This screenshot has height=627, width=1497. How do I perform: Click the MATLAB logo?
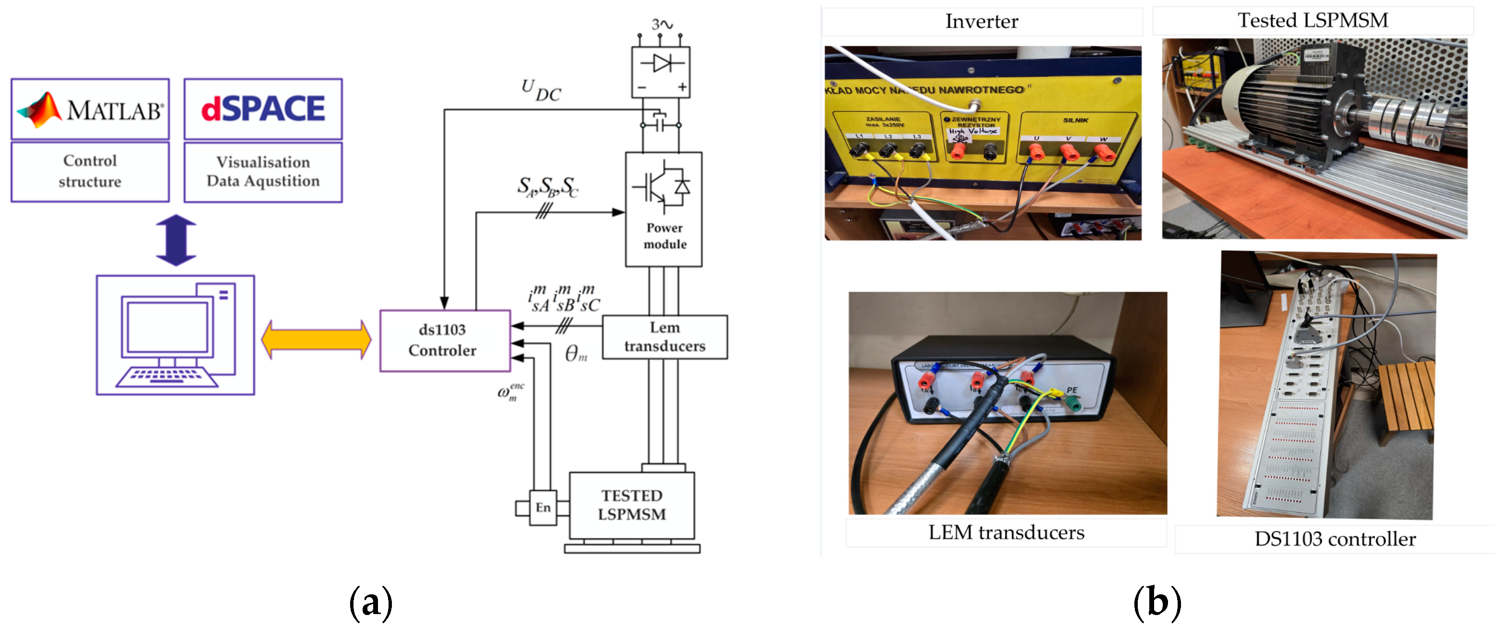pos(90,109)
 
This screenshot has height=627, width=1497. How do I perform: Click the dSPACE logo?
pos(263,109)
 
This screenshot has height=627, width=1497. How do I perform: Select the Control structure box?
pos(90,171)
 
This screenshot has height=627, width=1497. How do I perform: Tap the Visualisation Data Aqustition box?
pos(263,171)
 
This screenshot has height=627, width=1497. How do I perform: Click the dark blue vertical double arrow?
pos(176,240)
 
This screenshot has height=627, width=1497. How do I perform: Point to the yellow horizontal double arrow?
pos(316,339)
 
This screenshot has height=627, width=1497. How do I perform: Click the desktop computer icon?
pos(175,335)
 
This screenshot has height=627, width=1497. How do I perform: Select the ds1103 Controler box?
pos(445,340)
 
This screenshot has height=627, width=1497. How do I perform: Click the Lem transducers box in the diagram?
pos(664,337)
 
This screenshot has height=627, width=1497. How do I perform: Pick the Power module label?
pos(664,236)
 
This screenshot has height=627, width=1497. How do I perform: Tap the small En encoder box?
pos(543,508)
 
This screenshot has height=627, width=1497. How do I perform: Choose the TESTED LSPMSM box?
pos(632,505)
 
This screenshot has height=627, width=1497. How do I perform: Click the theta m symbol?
pos(576,353)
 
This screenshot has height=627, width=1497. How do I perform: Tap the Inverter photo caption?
pos(982,22)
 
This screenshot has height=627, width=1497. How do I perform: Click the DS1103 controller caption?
pos(1334,539)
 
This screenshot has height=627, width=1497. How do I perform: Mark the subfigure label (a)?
pos(371,603)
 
